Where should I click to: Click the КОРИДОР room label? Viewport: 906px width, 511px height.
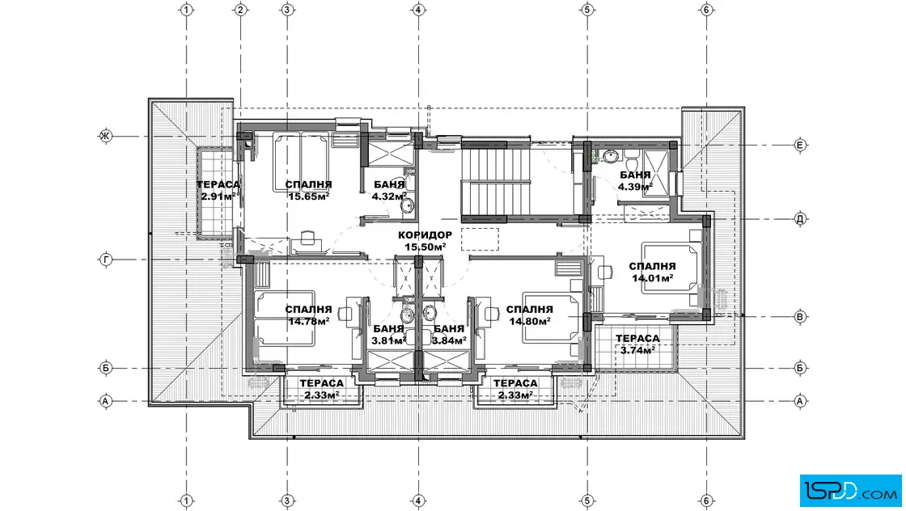[x=425, y=235]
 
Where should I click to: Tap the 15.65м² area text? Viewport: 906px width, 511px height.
[x=308, y=196]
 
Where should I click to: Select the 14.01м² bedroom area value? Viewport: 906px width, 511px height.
[x=652, y=278]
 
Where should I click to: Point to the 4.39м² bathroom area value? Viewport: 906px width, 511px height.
[x=635, y=187]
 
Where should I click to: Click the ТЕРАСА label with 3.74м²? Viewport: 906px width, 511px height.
[x=637, y=338]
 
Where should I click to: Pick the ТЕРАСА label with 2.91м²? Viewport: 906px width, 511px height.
[x=218, y=185]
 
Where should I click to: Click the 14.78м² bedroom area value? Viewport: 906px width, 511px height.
[x=308, y=321]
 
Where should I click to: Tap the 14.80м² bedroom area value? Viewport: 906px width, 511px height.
[x=529, y=321]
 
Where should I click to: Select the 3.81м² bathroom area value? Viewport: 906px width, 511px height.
[x=388, y=340]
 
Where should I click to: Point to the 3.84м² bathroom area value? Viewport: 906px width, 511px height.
[x=449, y=340]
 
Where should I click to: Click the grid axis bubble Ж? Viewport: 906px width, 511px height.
[x=106, y=137]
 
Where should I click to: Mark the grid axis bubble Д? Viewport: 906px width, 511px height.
[x=800, y=219]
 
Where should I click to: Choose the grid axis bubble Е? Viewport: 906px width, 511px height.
[x=800, y=145]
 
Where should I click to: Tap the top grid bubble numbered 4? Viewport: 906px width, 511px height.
[x=418, y=10]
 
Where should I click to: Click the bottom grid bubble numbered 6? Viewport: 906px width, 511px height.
[x=706, y=501]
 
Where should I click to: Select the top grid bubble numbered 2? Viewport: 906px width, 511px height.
[x=241, y=10]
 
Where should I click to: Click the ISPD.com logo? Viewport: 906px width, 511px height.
[x=850, y=491]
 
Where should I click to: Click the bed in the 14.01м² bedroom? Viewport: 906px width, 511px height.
[x=671, y=269]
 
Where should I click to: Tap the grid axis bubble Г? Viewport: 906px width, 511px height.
[x=106, y=260]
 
